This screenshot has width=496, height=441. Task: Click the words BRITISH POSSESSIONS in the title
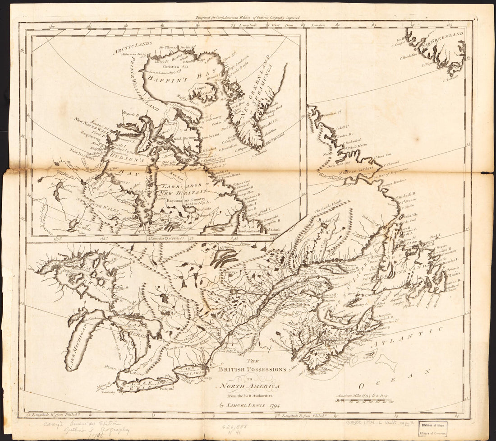point(253,369)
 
